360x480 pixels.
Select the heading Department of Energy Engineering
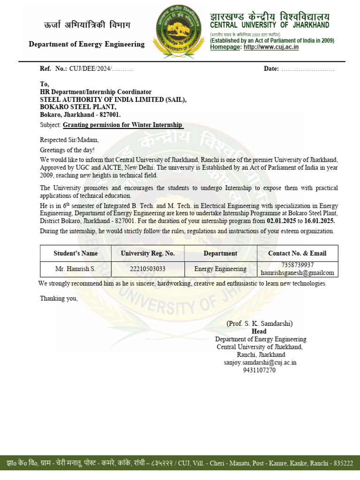pos(87,44)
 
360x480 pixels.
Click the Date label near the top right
pos(271,69)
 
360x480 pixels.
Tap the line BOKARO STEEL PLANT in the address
pos(78,107)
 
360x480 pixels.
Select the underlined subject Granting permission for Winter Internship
pos(123,125)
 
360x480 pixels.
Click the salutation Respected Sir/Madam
pos(69,140)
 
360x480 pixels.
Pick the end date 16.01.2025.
pos(320,220)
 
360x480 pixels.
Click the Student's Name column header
pos(75,253)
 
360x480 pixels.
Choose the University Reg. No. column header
pos(148,253)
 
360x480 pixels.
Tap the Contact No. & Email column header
pos(297,253)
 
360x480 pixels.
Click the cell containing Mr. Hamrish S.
pos(75,269)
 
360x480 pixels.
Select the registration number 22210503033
pos(148,269)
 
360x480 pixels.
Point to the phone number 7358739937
pos(297,265)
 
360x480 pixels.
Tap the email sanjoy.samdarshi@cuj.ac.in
pos(260,362)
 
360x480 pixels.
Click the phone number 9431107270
pos(259,370)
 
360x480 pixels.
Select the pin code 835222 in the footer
pos(343,463)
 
